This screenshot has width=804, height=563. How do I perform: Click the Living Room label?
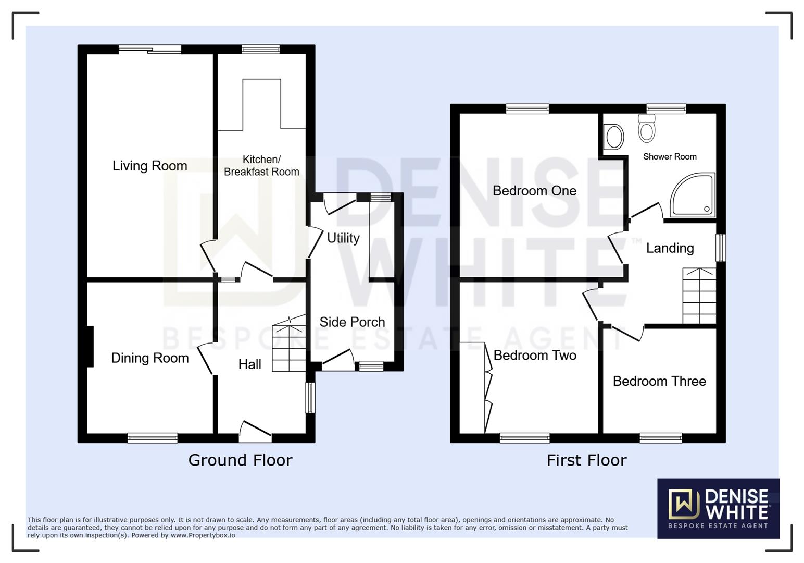click(149, 166)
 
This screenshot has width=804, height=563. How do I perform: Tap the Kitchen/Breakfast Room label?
click(261, 166)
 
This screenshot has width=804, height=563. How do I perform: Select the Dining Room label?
click(149, 358)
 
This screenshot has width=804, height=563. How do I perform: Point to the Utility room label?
click(343, 238)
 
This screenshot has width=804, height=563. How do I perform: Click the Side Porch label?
click(352, 322)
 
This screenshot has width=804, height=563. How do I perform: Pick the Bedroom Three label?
click(659, 381)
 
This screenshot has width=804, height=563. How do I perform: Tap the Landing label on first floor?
click(670, 248)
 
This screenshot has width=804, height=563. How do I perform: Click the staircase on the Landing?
click(699, 296)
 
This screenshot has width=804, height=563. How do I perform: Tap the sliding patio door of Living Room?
click(150, 50)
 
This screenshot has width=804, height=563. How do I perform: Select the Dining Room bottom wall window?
click(153, 438)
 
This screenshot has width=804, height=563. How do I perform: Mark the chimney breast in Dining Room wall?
click(90, 346)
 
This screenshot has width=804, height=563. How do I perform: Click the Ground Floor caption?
click(240, 460)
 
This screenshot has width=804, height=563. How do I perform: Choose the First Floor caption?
click(586, 460)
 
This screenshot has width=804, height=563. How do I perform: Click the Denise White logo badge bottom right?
click(718, 508)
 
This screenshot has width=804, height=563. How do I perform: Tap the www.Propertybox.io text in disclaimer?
click(203, 535)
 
